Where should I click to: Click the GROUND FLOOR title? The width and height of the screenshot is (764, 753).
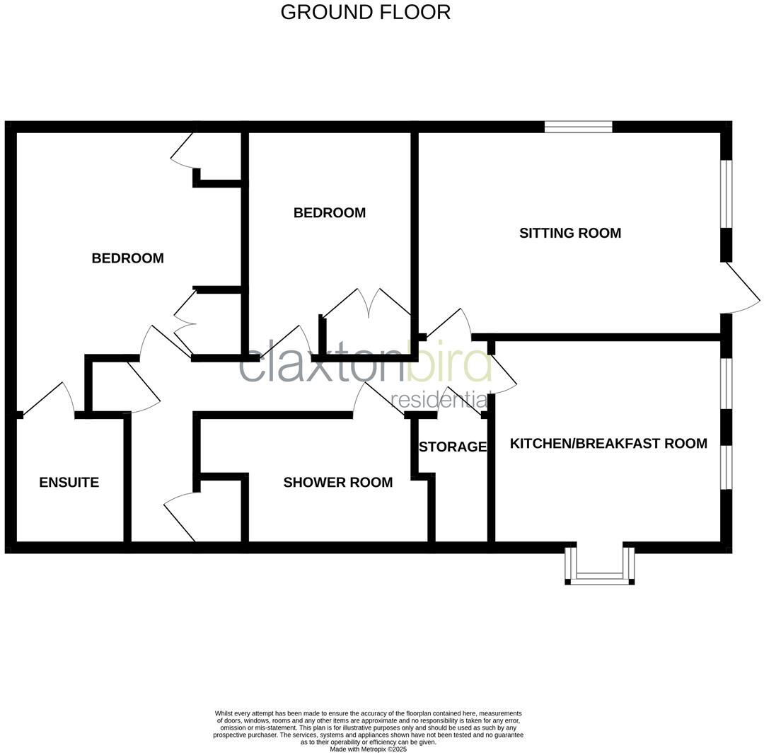[365, 12]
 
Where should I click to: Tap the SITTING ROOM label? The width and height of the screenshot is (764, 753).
[570, 233]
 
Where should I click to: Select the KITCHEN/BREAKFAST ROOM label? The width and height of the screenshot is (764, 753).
[608, 444]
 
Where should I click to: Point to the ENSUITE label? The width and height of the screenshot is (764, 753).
[69, 483]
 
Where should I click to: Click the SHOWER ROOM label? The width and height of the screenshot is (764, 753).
[337, 483]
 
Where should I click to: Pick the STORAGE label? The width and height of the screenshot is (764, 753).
[452, 447]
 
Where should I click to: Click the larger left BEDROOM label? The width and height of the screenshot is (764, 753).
[127, 258]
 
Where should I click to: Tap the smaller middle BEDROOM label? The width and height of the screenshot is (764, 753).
[330, 212]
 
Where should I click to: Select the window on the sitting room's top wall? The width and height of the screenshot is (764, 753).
[578, 127]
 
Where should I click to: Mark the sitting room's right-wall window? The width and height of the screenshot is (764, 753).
[726, 194]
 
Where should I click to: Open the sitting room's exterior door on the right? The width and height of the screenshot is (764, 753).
[741, 290]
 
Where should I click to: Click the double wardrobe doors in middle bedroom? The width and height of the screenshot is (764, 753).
[367, 304]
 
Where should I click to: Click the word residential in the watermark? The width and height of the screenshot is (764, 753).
[439, 399]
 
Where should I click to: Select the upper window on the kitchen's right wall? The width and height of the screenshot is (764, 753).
[726, 384]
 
